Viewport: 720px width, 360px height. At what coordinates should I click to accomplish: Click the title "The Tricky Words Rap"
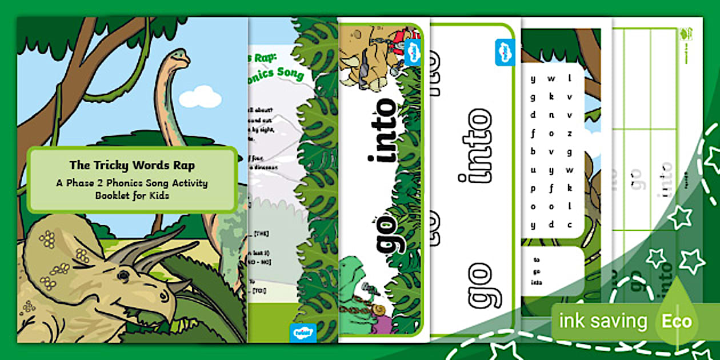point(131,165)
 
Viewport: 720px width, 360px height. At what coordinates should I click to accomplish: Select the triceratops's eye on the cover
point(123,275)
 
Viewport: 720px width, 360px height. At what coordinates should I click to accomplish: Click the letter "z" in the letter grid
point(570,133)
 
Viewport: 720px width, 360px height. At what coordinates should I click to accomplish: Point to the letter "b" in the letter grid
point(533,151)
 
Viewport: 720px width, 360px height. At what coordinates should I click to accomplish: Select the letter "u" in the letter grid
point(533,170)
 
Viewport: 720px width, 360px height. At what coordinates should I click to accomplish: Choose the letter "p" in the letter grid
point(533,188)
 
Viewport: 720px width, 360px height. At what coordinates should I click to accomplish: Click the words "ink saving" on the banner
point(603,321)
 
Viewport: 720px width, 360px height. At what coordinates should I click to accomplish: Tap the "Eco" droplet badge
point(677,321)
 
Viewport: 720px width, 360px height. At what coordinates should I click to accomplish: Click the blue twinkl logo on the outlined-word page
point(505,51)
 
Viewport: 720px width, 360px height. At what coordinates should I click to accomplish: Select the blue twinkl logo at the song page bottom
point(303,331)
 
